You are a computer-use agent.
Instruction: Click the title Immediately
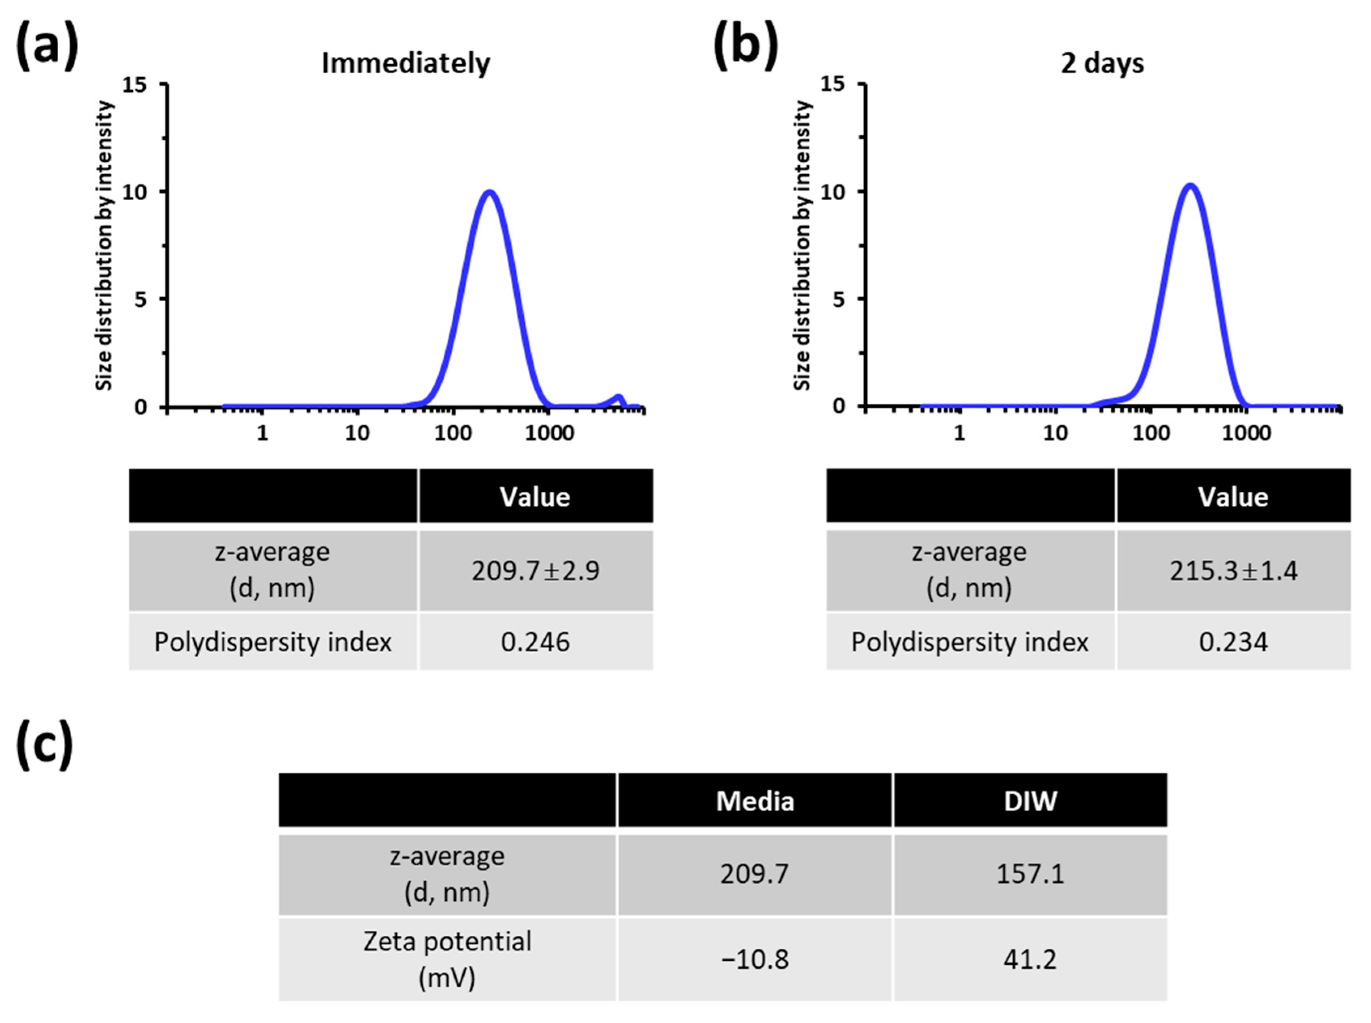pos(406,63)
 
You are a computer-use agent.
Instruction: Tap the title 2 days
pos(1102,63)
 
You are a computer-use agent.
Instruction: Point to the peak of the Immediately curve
pos(489,192)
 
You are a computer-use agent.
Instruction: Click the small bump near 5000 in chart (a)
pos(618,397)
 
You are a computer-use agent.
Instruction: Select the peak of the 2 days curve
pos(1190,185)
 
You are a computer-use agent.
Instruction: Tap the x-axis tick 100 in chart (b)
pos(1150,433)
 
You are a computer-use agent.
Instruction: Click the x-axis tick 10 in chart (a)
pos(357,433)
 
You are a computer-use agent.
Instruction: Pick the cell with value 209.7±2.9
pos(535,570)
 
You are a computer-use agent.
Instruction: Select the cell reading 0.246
pos(535,642)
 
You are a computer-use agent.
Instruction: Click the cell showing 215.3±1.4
pos(1233,570)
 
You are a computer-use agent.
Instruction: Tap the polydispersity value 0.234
pos(1233,642)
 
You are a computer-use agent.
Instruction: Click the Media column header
pos(755,801)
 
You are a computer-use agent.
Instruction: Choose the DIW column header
pos(1030,801)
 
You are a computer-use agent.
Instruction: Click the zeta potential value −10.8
pos(755,959)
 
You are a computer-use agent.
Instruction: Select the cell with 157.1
pos(1030,874)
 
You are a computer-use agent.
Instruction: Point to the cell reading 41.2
pos(1030,959)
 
